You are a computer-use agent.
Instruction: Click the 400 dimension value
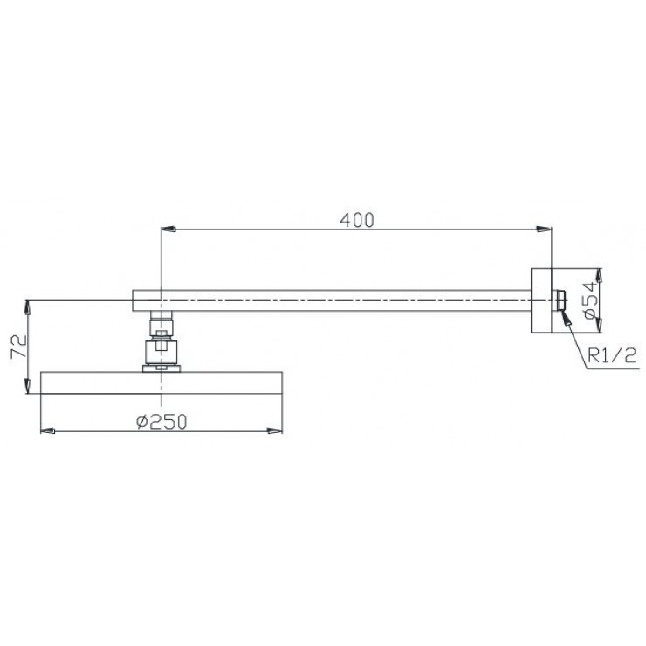click(x=357, y=220)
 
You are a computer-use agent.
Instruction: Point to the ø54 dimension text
click(x=590, y=299)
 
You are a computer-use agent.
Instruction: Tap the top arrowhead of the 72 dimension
click(x=30, y=306)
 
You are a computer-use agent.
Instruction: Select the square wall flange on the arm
click(x=541, y=299)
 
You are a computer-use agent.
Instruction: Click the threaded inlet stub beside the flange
click(x=558, y=299)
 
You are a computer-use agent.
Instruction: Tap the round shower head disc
click(x=161, y=382)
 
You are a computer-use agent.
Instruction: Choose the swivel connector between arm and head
click(x=161, y=342)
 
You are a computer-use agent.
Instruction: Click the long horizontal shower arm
click(x=349, y=299)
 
